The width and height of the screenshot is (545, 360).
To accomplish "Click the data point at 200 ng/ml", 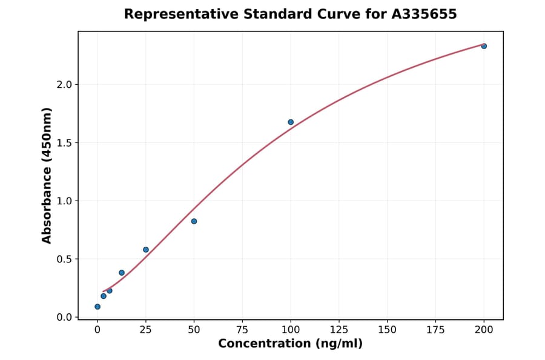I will click(484, 46).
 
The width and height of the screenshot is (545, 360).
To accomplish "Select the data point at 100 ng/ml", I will click(291, 122).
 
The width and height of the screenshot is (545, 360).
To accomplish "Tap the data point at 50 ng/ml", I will click(194, 221).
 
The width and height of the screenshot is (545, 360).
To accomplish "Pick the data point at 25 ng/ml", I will click(146, 250).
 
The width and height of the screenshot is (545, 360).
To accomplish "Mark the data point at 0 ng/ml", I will click(97, 307).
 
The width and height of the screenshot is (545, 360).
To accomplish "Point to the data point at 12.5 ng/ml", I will click(122, 273).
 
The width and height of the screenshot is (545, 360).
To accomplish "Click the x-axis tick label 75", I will click(242, 330).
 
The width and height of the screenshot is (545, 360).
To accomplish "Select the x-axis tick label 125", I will click(339, 330).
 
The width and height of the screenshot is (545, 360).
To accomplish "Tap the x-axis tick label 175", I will click(435, 330).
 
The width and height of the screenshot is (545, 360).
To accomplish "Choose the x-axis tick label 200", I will click(484, 330).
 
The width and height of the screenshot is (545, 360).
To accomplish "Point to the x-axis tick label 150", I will click(387, 330).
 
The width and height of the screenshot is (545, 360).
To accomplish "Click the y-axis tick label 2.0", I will click(64, 85).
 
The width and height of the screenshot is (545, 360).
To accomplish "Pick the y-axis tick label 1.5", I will click(64, 143).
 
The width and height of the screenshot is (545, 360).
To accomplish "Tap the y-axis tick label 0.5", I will click(64, 259).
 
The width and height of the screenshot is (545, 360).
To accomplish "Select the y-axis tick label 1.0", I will click(64, 201).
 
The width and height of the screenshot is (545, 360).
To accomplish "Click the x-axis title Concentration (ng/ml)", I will click(290, 344).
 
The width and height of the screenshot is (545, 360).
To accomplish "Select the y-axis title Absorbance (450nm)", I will click(47, 176).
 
